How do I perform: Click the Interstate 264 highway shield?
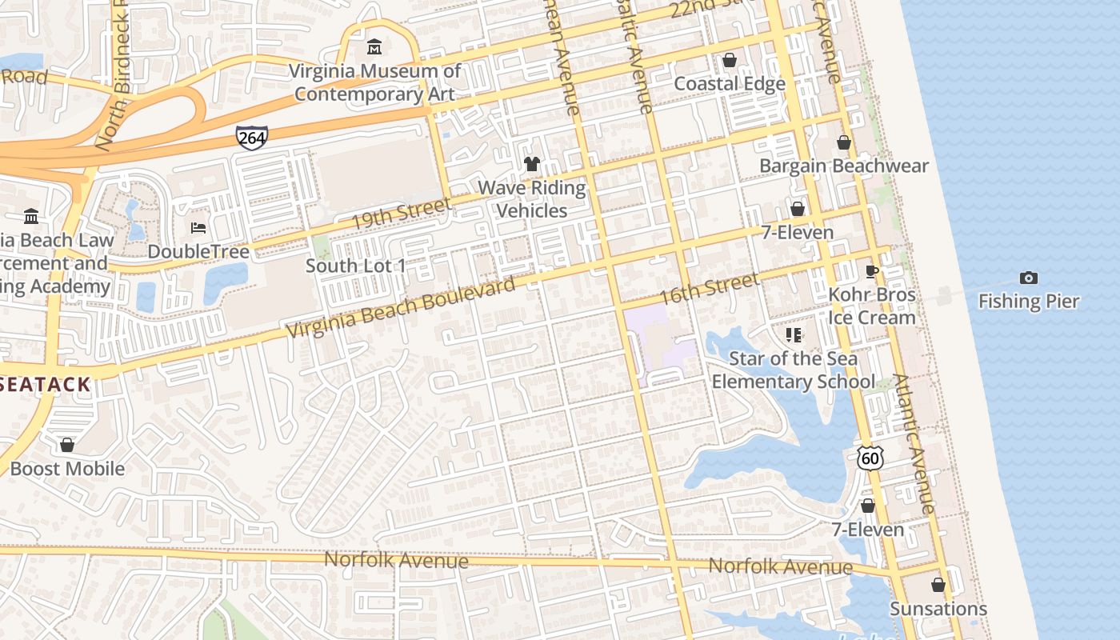[x=251, y=138]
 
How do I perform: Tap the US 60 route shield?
[x=870, y=458]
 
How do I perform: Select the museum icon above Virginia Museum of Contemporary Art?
[x=374, y=47]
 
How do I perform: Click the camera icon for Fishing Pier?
[x=1029, y=278]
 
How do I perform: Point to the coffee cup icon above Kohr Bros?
[x=872, y=271]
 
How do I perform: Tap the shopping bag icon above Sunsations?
[x=938, y=585]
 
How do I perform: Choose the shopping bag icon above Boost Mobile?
[x=67, y=444]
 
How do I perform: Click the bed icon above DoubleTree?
[x=198, y=228]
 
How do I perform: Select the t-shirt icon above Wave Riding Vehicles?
[x=532, y=164]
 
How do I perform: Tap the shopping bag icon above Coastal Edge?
[x=730, y=60]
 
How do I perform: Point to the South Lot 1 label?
[x=355, y=266]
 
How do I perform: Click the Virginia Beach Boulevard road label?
[x=400, y=308]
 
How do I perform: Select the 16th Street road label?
[x=708, y=288]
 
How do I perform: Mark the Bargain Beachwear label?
[x=843, y=166]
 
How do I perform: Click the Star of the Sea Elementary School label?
[x=793, y=370]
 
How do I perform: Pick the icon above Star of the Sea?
[x=793, y=334]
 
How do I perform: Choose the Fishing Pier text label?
[x=1029, y=302]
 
